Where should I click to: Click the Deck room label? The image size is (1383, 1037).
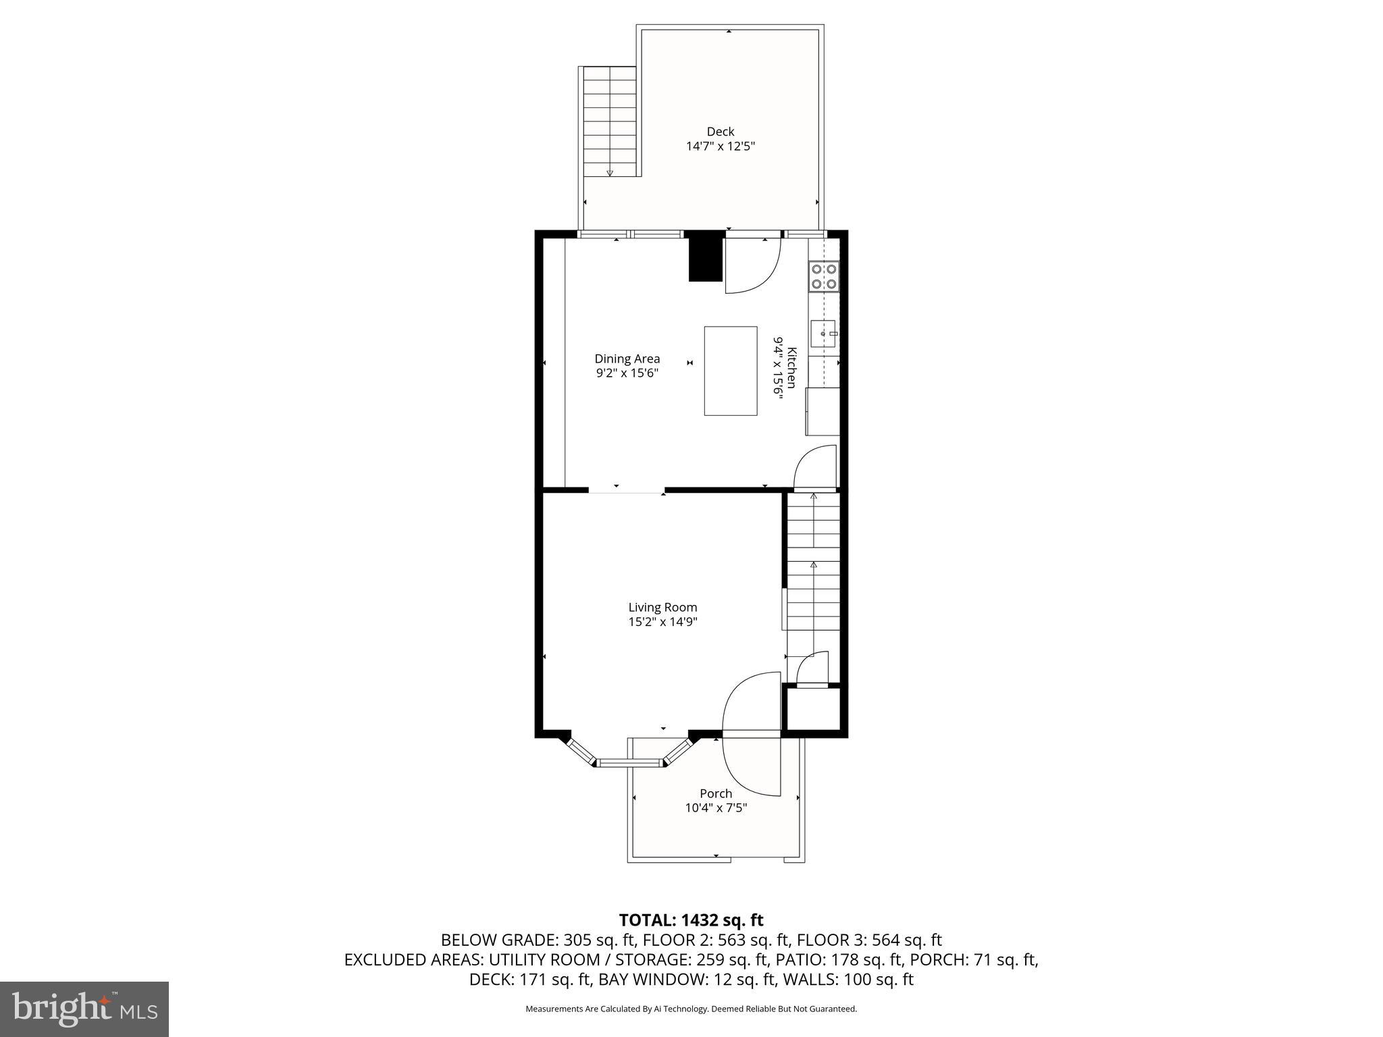pyautogui.click(x=720, y=132)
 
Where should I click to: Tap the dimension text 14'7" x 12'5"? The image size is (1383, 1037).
pyautogui.click(x=720, y=147)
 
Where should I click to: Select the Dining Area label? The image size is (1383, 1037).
pyautogui.click(x=627, y=358)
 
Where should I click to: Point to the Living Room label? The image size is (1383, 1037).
pyautogui.click(x=662, y=607)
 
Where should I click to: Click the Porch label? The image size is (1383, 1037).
pyautogui.click(x=716, y=793)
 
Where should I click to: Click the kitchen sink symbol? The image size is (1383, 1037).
pyautogui.click(x=823, y=332)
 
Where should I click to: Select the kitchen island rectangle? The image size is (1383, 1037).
pyautogui.click(x=730, y=371)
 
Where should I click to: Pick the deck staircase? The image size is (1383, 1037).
pyautogui.click(x=610, y=122)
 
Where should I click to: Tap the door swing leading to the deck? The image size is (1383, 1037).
pyautogui.click(x=751, y=267)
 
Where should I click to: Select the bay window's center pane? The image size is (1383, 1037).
pyautogui.click(x=629, y=764)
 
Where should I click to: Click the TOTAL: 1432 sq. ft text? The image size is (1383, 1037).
pyautogui.click(x=691, y=920)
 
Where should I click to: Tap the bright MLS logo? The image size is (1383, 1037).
pyautogui.click(x=84, y=1009)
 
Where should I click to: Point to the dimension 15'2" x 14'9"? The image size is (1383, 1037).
pyautogui.click(x=662, y=622)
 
